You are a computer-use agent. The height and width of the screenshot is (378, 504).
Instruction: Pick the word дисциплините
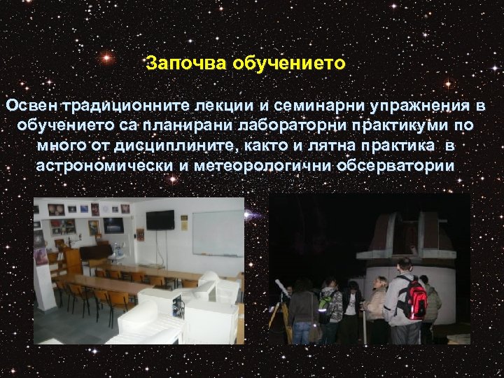point(166,146)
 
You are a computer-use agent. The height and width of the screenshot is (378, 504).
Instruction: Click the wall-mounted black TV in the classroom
point(160,219)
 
